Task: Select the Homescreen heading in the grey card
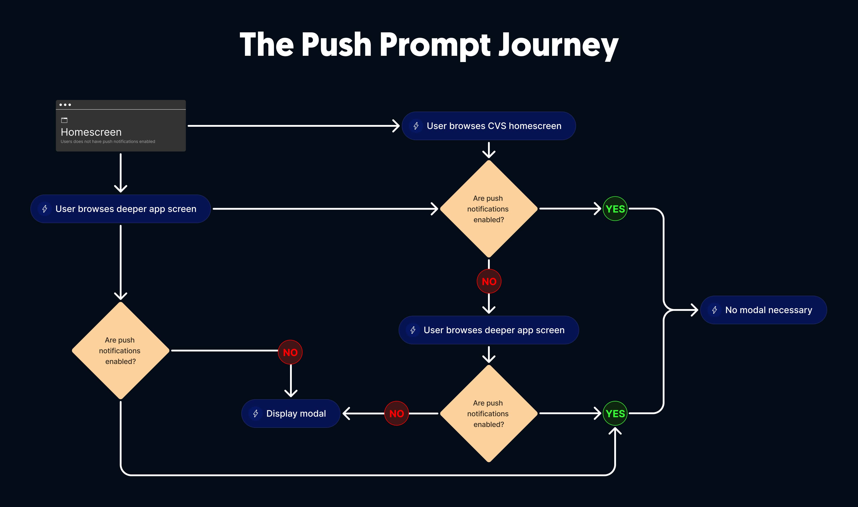[x=91, y=132]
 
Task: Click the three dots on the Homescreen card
[x=65, y=104]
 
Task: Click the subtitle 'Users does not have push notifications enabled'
[x=108, y=141]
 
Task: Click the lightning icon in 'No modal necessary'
[x=714, y=310]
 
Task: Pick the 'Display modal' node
[x=291, y=413]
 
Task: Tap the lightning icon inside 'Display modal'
[x=255, y=413]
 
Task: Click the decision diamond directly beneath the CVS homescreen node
[x=489, y=209]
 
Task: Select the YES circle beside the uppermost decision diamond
[x=615, y=209]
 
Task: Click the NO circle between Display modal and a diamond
[x=396, y=413]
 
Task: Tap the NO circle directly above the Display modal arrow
[x=290, y=352]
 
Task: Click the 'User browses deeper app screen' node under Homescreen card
[x=120, y=209]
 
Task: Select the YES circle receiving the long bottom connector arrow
[x=615, y=413]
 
